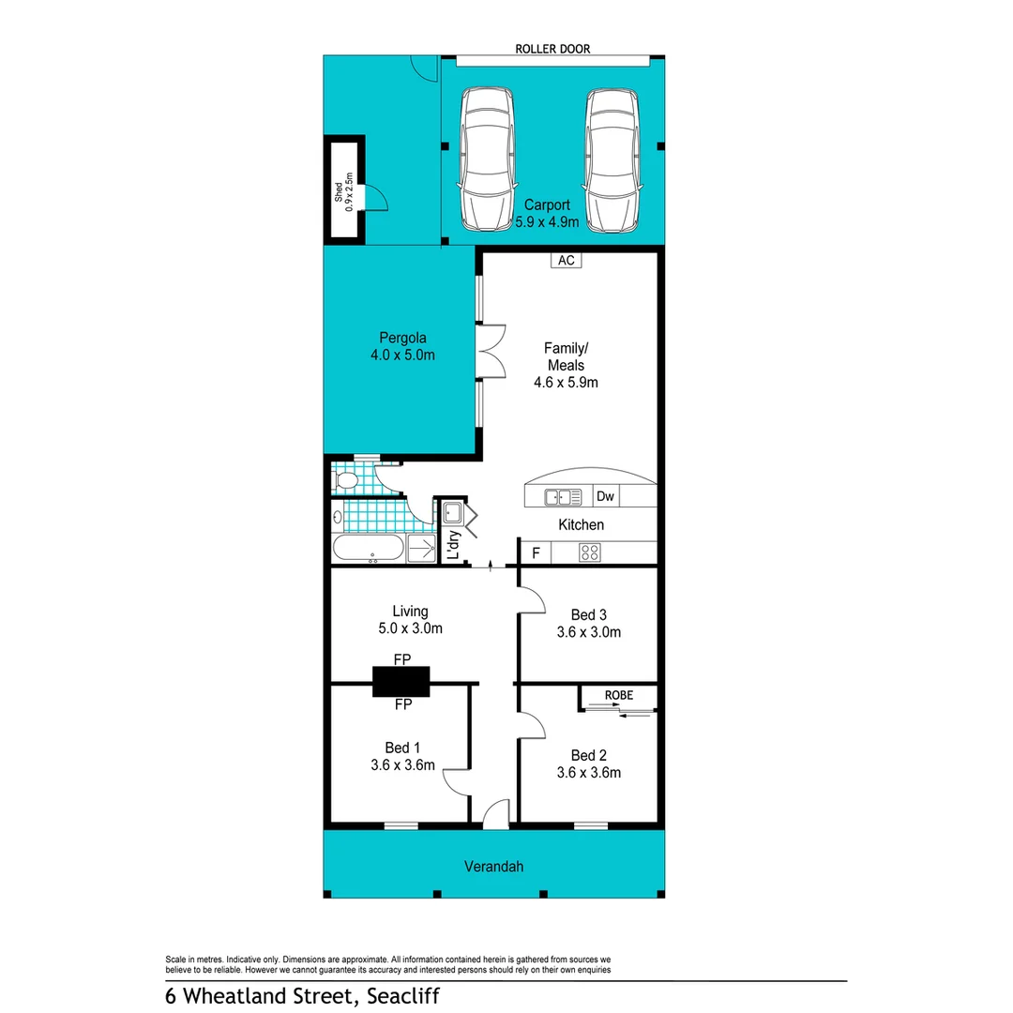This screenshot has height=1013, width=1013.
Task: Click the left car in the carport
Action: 485,159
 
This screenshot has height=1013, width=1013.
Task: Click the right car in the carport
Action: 613,159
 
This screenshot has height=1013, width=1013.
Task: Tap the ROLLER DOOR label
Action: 552,49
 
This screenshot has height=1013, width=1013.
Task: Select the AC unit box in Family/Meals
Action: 566,261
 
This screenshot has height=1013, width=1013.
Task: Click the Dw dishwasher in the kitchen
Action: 605,496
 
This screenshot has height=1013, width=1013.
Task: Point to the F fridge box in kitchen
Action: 536,552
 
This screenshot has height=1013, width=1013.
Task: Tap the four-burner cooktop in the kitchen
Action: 590,552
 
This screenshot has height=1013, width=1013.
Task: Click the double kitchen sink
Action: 558,496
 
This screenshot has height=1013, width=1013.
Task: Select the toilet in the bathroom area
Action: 345,481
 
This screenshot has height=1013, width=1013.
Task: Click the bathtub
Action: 370,550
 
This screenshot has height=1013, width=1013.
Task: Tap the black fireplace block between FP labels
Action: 401,681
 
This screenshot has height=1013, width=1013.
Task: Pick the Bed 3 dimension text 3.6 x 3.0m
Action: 589,632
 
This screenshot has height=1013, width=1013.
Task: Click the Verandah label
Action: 493,867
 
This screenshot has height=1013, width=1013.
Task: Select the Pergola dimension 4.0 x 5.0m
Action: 403,355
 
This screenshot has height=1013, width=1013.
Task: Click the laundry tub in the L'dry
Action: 452,513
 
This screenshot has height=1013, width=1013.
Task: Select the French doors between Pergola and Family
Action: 490,352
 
